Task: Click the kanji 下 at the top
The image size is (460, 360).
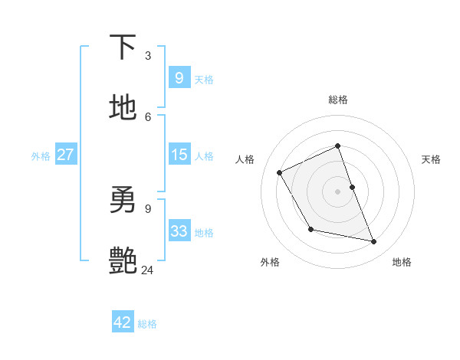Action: (123, 47)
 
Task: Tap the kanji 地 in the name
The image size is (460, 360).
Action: (123, 107)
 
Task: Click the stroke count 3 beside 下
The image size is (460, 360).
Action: (148, 56)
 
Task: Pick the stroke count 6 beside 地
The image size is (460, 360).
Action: (148, 116)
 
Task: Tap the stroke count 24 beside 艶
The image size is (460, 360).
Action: (148, 270)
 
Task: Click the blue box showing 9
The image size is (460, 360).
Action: (179, 78)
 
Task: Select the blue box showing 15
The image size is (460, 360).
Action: (179, 155)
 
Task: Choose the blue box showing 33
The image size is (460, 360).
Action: (179, 231)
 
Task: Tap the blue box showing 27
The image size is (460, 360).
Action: (65, 155)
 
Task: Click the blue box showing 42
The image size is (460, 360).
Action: (123, 322)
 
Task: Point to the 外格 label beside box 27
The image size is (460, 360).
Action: (41, 156)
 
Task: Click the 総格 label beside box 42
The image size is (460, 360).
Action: (147, 324)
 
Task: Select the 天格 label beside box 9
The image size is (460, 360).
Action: (204, 80)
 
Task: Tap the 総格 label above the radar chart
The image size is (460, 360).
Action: (337, 100)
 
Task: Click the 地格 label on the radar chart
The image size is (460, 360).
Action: (402, 263)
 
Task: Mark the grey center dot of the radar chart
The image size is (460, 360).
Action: (337, 191)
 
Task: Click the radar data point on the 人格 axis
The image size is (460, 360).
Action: (280, 172)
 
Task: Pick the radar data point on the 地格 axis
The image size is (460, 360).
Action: (374, 242)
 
